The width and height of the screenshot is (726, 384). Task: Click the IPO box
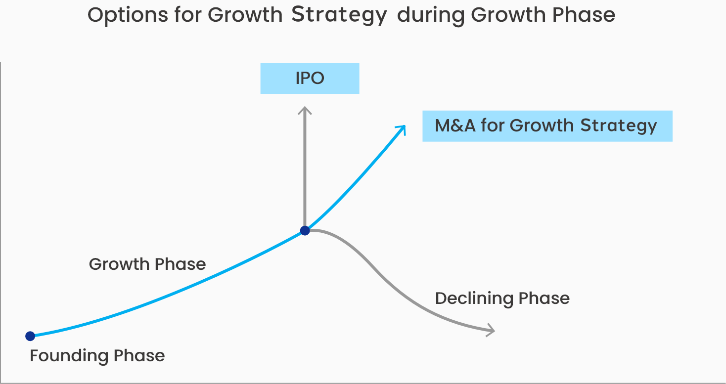pyautogui.click(x=310, y=79)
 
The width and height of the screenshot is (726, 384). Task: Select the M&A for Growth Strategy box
pyautogui.click(x=547, y=126)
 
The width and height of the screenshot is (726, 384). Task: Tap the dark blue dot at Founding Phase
pyautogui.click(x=30, y=336)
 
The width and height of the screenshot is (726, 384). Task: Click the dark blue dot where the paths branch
pyautogui.click(x=305, y=230)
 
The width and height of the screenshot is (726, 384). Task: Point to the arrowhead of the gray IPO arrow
pyautogui.click(x=305, y=110)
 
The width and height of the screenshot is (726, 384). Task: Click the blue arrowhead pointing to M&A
pyautogui.click(x=401, y=128)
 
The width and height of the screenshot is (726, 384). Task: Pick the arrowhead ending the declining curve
pyautogui.click(x=491, y=330)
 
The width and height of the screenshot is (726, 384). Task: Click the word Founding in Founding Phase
pyautogui.click(x=69, y=356)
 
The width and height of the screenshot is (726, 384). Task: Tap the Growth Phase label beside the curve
pyautogui.click(x=147, y=264)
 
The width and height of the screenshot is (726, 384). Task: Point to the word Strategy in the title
pyautogui.click(x=339, y=15)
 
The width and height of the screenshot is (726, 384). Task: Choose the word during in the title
pyautogui.click(x=430, y=15)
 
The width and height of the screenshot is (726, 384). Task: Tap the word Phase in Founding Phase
pyautogui.click(x=139, y=356)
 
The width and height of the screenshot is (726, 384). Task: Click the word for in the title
pyautogui.click(x=188, y=15)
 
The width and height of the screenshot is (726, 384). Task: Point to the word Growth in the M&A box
pyautogui.click(x=542, y=126)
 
